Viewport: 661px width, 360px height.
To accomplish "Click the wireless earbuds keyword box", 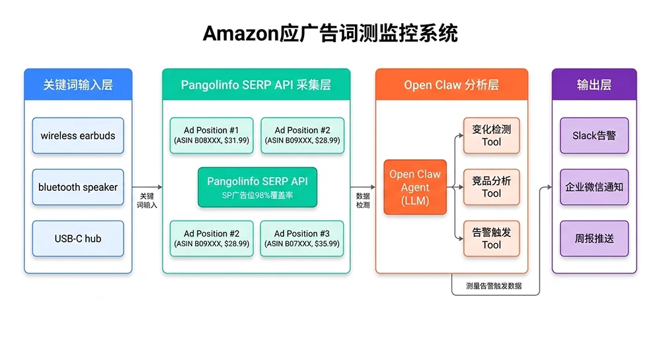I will point(78,135).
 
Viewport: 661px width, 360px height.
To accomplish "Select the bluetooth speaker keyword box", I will point(78,187).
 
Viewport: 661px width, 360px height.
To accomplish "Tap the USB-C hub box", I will point(78,238).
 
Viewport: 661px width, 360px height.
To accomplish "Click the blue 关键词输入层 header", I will point(78,85).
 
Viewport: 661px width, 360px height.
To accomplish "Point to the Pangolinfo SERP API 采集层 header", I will point(256,85).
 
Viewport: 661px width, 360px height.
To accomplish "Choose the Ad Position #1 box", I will point(211,135).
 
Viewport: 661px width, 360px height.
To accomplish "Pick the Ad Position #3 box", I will point(301,238).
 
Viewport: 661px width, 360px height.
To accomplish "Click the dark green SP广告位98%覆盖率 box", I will point(257,187).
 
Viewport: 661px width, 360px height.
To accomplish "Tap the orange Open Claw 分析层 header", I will point(451,85).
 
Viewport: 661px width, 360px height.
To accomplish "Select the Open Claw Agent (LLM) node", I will point(415,187).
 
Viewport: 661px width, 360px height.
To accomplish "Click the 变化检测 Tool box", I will point(491,135).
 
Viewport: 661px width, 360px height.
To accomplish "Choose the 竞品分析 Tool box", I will point(491,187).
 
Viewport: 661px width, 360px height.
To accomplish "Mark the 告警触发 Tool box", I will point(491,238).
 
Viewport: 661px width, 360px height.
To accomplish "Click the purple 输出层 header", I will point(594,85).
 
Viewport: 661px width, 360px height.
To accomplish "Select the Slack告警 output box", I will point(594,135).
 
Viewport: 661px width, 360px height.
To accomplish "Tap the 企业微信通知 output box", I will point(594,187).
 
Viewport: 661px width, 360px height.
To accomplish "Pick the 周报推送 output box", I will point(594,238).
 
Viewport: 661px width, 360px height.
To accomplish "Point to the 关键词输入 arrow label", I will point(147,201).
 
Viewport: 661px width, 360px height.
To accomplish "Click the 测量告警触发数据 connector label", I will point(493,285).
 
